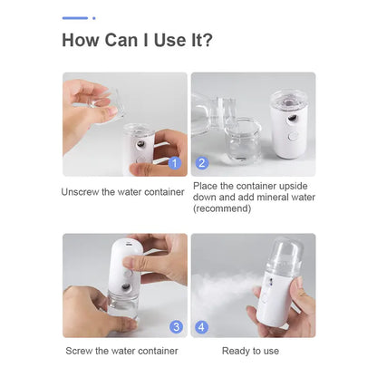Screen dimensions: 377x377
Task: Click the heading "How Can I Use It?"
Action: pos(138,40)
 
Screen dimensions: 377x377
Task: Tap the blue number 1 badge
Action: pos(176,163)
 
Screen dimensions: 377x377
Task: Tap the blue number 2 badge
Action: pos(202,163)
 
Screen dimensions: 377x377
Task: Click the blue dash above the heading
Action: pos(75,17)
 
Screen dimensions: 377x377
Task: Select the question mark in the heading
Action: pos(208,40)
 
